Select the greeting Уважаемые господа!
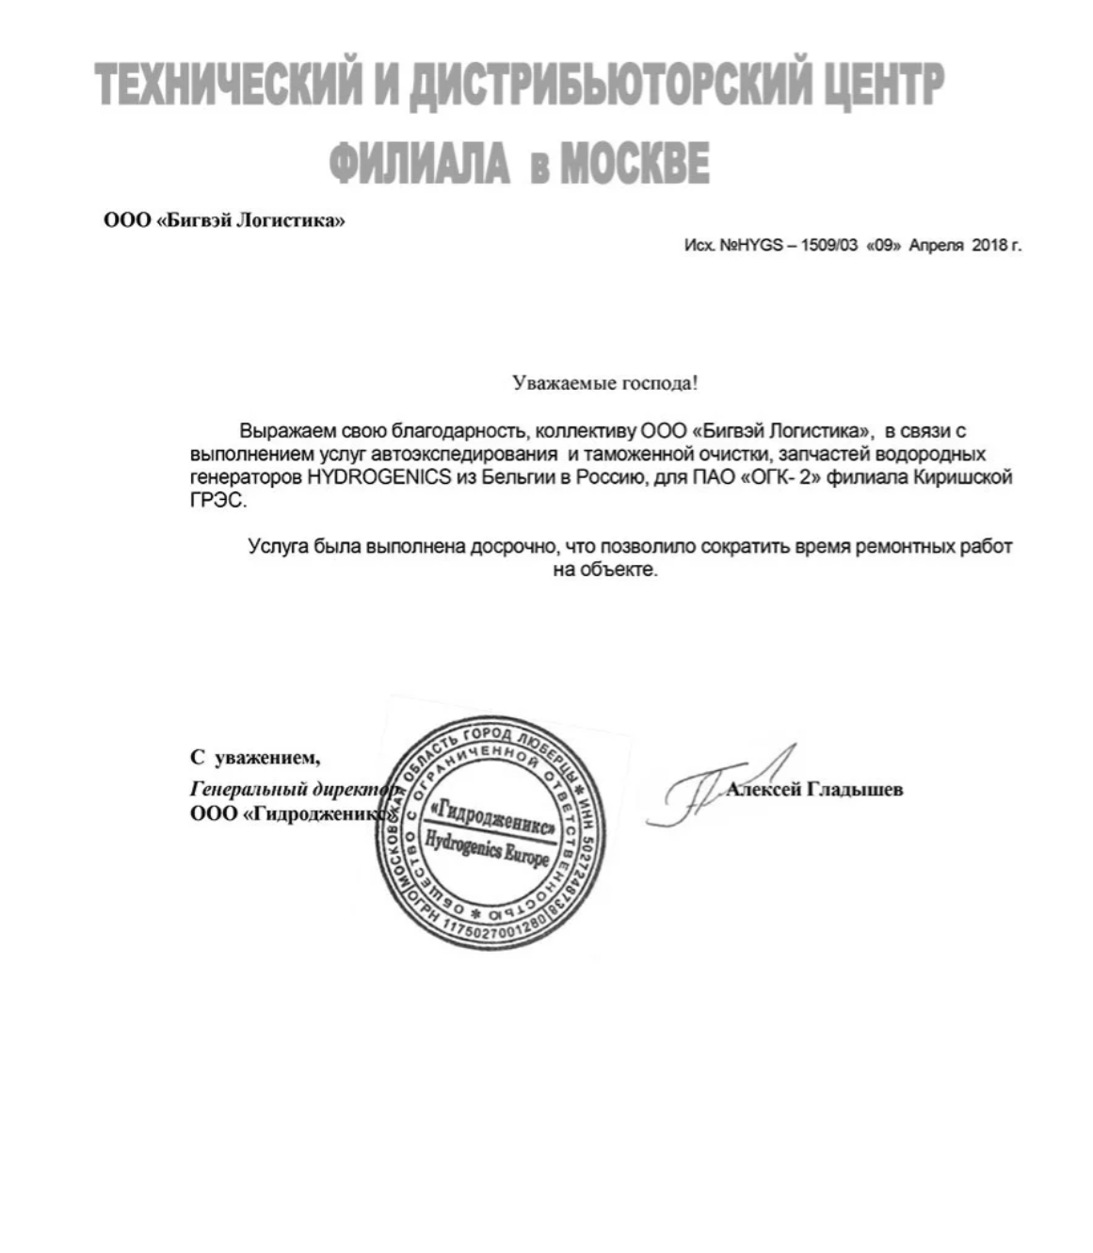point(604,383)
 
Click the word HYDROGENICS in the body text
point(378,477)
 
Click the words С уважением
point(255,757)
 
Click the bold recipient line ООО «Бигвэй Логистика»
point(224,221)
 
